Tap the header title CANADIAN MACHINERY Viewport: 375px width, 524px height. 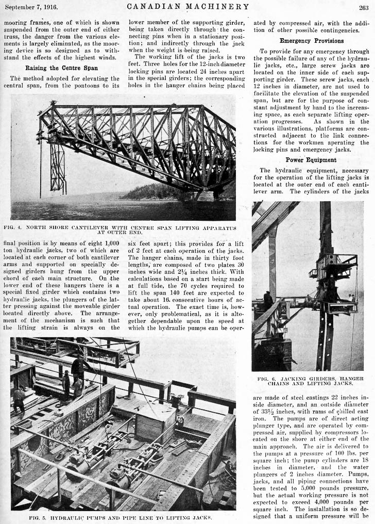187,7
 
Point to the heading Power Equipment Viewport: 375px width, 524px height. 308,160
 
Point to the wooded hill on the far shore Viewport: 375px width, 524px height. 155,193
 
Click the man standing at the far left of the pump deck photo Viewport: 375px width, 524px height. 19,400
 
